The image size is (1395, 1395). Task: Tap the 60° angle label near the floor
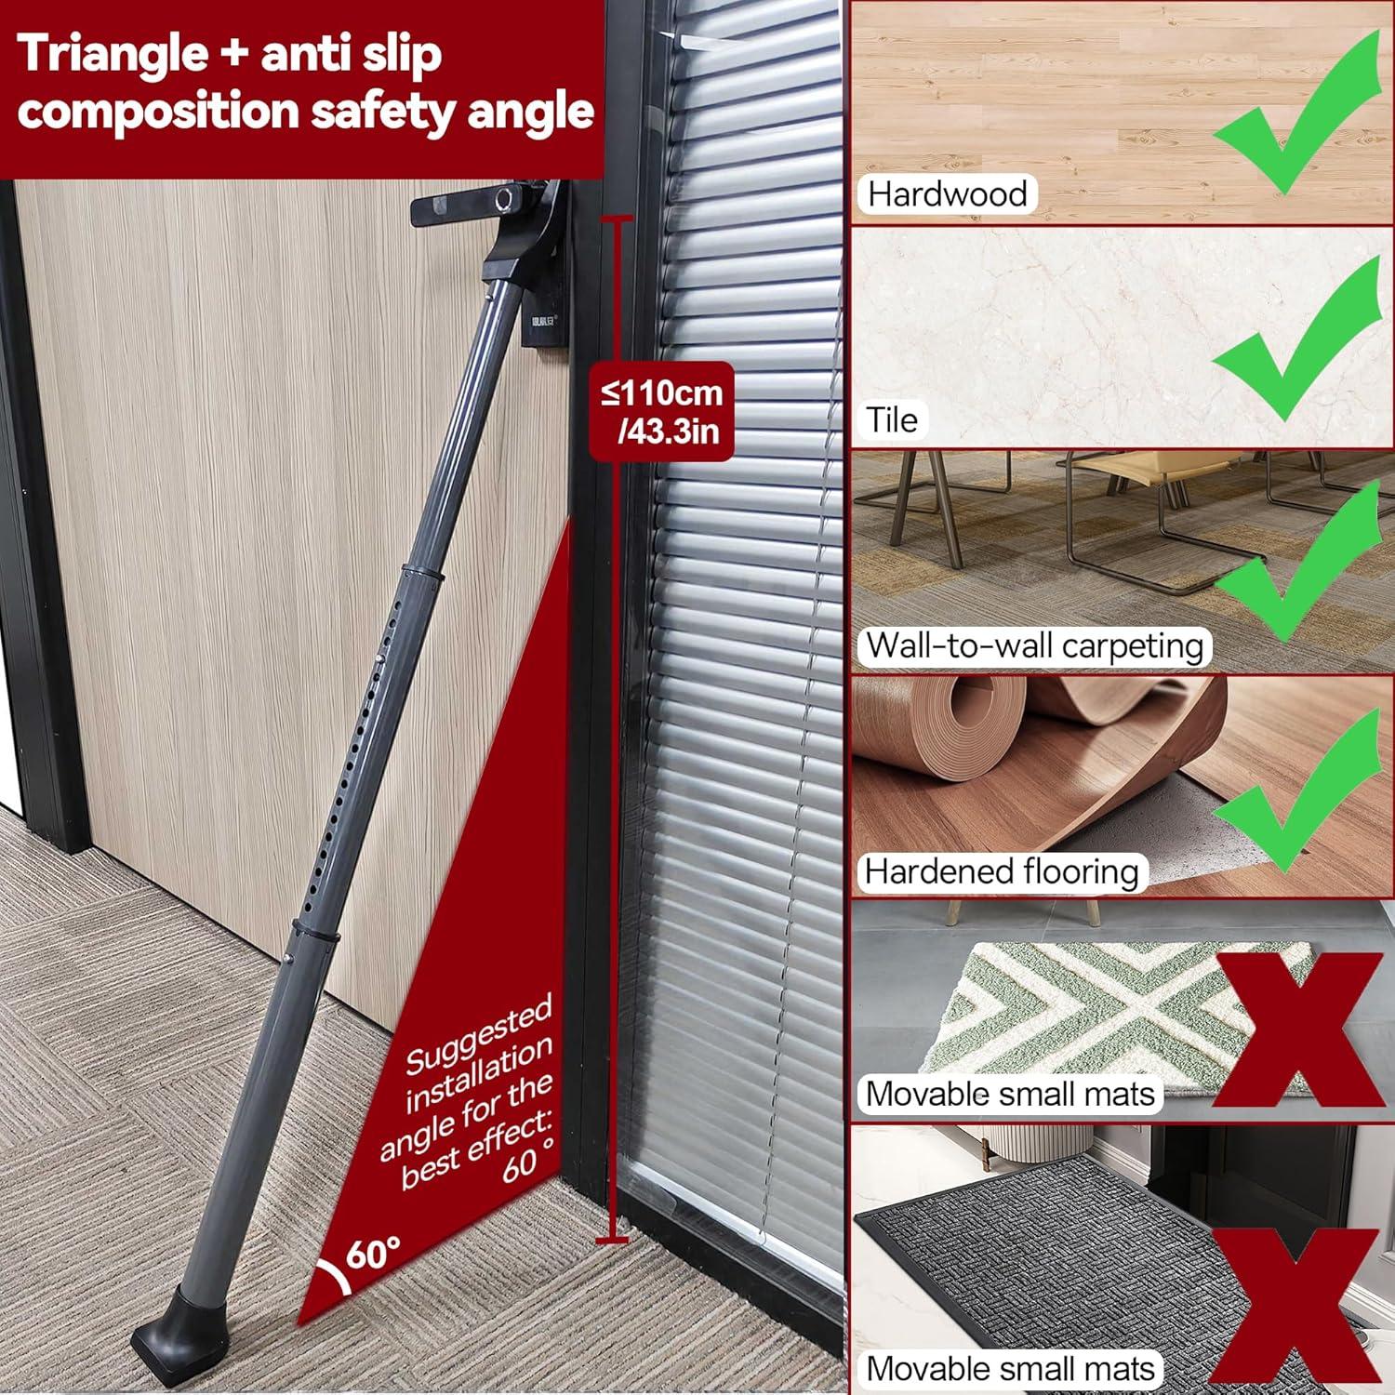(373, 1253)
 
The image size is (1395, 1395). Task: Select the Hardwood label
(946, 193)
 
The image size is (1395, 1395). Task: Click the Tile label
(892, 419)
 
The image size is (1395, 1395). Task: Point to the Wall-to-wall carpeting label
(1033, 645)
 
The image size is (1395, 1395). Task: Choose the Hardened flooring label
(1001, 871)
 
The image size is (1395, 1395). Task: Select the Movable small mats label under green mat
(1009, 1094)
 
